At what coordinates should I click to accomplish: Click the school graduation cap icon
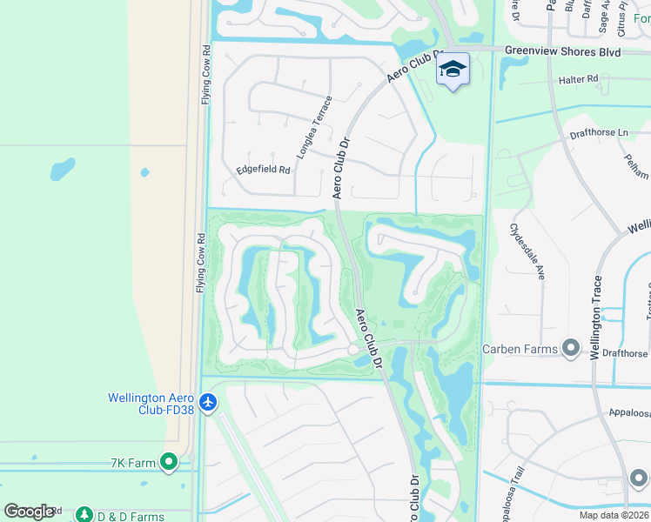click(x=453, y=69)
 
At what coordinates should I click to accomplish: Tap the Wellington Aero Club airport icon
click(x=207, y=403)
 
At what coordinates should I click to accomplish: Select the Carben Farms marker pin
click(x=571, y=349)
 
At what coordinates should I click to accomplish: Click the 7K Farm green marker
click(x=169, y=462)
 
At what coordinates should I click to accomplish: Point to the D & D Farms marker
click(x=84, y=515)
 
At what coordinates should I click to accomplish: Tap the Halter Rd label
click(x=579, y=79)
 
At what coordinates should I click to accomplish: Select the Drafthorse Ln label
click(x=598, y=132)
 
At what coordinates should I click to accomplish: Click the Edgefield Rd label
click(x=263, y=170)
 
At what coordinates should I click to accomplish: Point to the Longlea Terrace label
click(x=314, y=127)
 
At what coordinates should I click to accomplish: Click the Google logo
click(x=29, y=512)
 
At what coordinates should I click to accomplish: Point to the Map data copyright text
click(x=614, y=515)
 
